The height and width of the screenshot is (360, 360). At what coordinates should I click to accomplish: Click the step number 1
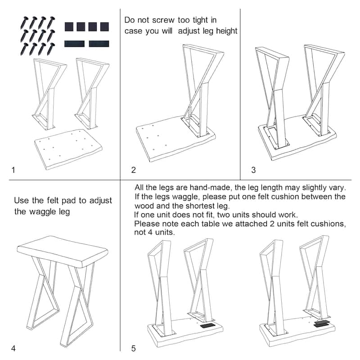(13, 170)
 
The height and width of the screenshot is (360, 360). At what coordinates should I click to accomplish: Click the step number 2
(133, 170)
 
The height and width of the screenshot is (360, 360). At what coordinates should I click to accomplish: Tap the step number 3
(253, 170)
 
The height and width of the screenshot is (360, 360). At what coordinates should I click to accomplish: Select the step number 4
(13, 348)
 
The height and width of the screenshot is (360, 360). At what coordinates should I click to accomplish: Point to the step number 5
(133, 348)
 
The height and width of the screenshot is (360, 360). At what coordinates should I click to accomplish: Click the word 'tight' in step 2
(200, 20)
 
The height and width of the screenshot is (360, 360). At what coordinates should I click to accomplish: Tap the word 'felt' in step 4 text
(53, 200)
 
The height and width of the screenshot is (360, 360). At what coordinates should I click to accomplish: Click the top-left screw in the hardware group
(24, 22)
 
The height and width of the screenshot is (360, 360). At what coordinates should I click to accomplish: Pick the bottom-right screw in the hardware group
(51, 49)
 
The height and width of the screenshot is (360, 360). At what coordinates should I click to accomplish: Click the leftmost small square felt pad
(69, 27)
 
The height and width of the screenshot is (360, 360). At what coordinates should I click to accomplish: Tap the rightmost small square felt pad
(104, 27)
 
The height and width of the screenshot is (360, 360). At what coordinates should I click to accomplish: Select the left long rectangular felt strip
(74, 44)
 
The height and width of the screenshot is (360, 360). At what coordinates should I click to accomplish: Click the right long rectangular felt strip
(99, 44)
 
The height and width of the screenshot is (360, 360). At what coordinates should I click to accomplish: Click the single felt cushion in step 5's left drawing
(207, 326)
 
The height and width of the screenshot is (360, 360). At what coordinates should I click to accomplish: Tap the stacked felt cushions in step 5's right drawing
(322, 324)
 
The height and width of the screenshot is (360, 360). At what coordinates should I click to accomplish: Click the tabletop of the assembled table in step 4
(63, 251)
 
